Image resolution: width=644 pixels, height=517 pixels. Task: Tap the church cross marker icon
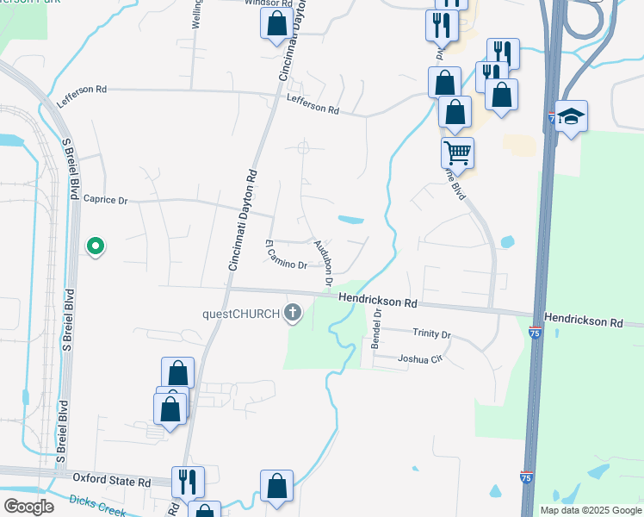[294, 313]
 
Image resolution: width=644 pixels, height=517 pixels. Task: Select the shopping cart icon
[458, 153]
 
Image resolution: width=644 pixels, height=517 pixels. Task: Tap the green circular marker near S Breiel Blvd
[96, 247]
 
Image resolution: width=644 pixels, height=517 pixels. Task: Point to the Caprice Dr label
[105, 200]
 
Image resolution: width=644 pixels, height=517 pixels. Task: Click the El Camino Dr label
[286, 256]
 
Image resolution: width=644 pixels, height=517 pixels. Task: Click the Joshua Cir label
[419, 358]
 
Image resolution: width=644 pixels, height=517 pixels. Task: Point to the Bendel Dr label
[376, 328]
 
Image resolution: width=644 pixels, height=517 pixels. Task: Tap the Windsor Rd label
[263, 3]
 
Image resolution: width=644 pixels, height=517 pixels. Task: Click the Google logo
[28, 507]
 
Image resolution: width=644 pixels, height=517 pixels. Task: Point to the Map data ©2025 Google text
[591, 510]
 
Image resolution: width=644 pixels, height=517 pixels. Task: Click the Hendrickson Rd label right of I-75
[594, 321]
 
